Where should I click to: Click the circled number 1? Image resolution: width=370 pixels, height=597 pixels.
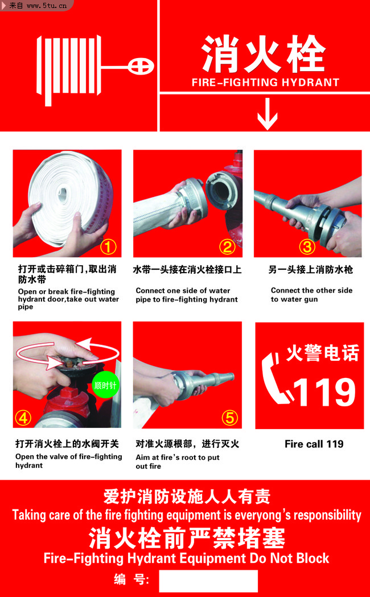[108, 248]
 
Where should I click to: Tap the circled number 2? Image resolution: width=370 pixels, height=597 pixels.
[227, 248]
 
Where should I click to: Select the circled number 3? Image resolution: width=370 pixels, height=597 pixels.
[307, 248]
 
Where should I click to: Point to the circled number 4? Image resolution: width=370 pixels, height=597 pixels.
[22, 418]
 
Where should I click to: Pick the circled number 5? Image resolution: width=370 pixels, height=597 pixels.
[230, 418]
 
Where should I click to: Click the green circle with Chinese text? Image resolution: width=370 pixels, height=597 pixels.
[105, 385]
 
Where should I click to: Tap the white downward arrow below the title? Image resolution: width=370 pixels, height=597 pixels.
[267, 114]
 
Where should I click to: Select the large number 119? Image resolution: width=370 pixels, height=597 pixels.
[324, 392]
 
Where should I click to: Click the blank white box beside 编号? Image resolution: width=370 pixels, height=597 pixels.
[208, 580]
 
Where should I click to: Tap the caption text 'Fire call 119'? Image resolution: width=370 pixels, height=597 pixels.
[314, 444]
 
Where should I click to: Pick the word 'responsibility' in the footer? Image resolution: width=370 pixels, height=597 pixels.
[327, 516]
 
